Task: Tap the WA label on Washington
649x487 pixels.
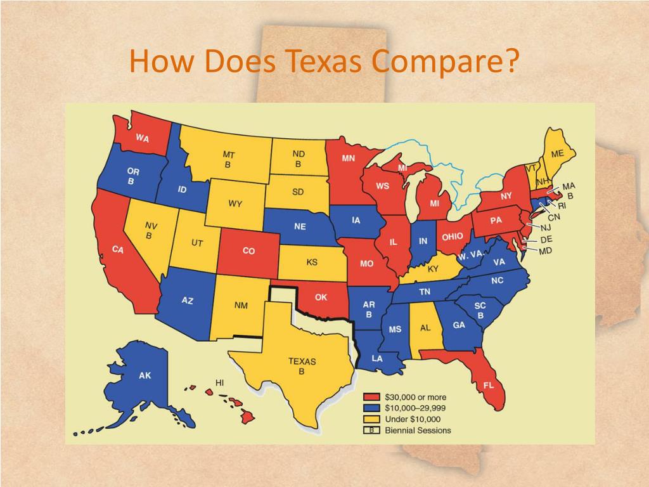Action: pos(142,138)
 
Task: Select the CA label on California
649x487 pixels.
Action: pos(118,250)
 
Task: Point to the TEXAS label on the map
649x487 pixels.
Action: pos(302,361)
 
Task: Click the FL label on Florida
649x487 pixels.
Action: pos(489,385)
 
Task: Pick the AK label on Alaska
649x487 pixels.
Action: pos(145,375)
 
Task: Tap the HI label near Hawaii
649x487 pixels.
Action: pos(220,382)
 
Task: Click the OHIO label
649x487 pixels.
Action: pos(453,237)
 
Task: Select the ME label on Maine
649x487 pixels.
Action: pos(557,153)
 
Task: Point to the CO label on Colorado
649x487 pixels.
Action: pos(248,251)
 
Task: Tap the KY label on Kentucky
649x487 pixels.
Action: pos(434,269)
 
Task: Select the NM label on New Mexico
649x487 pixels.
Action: pos(241,306)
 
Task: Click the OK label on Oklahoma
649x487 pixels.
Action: pos(321,297)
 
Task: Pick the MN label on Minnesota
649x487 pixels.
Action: pos(349,159)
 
